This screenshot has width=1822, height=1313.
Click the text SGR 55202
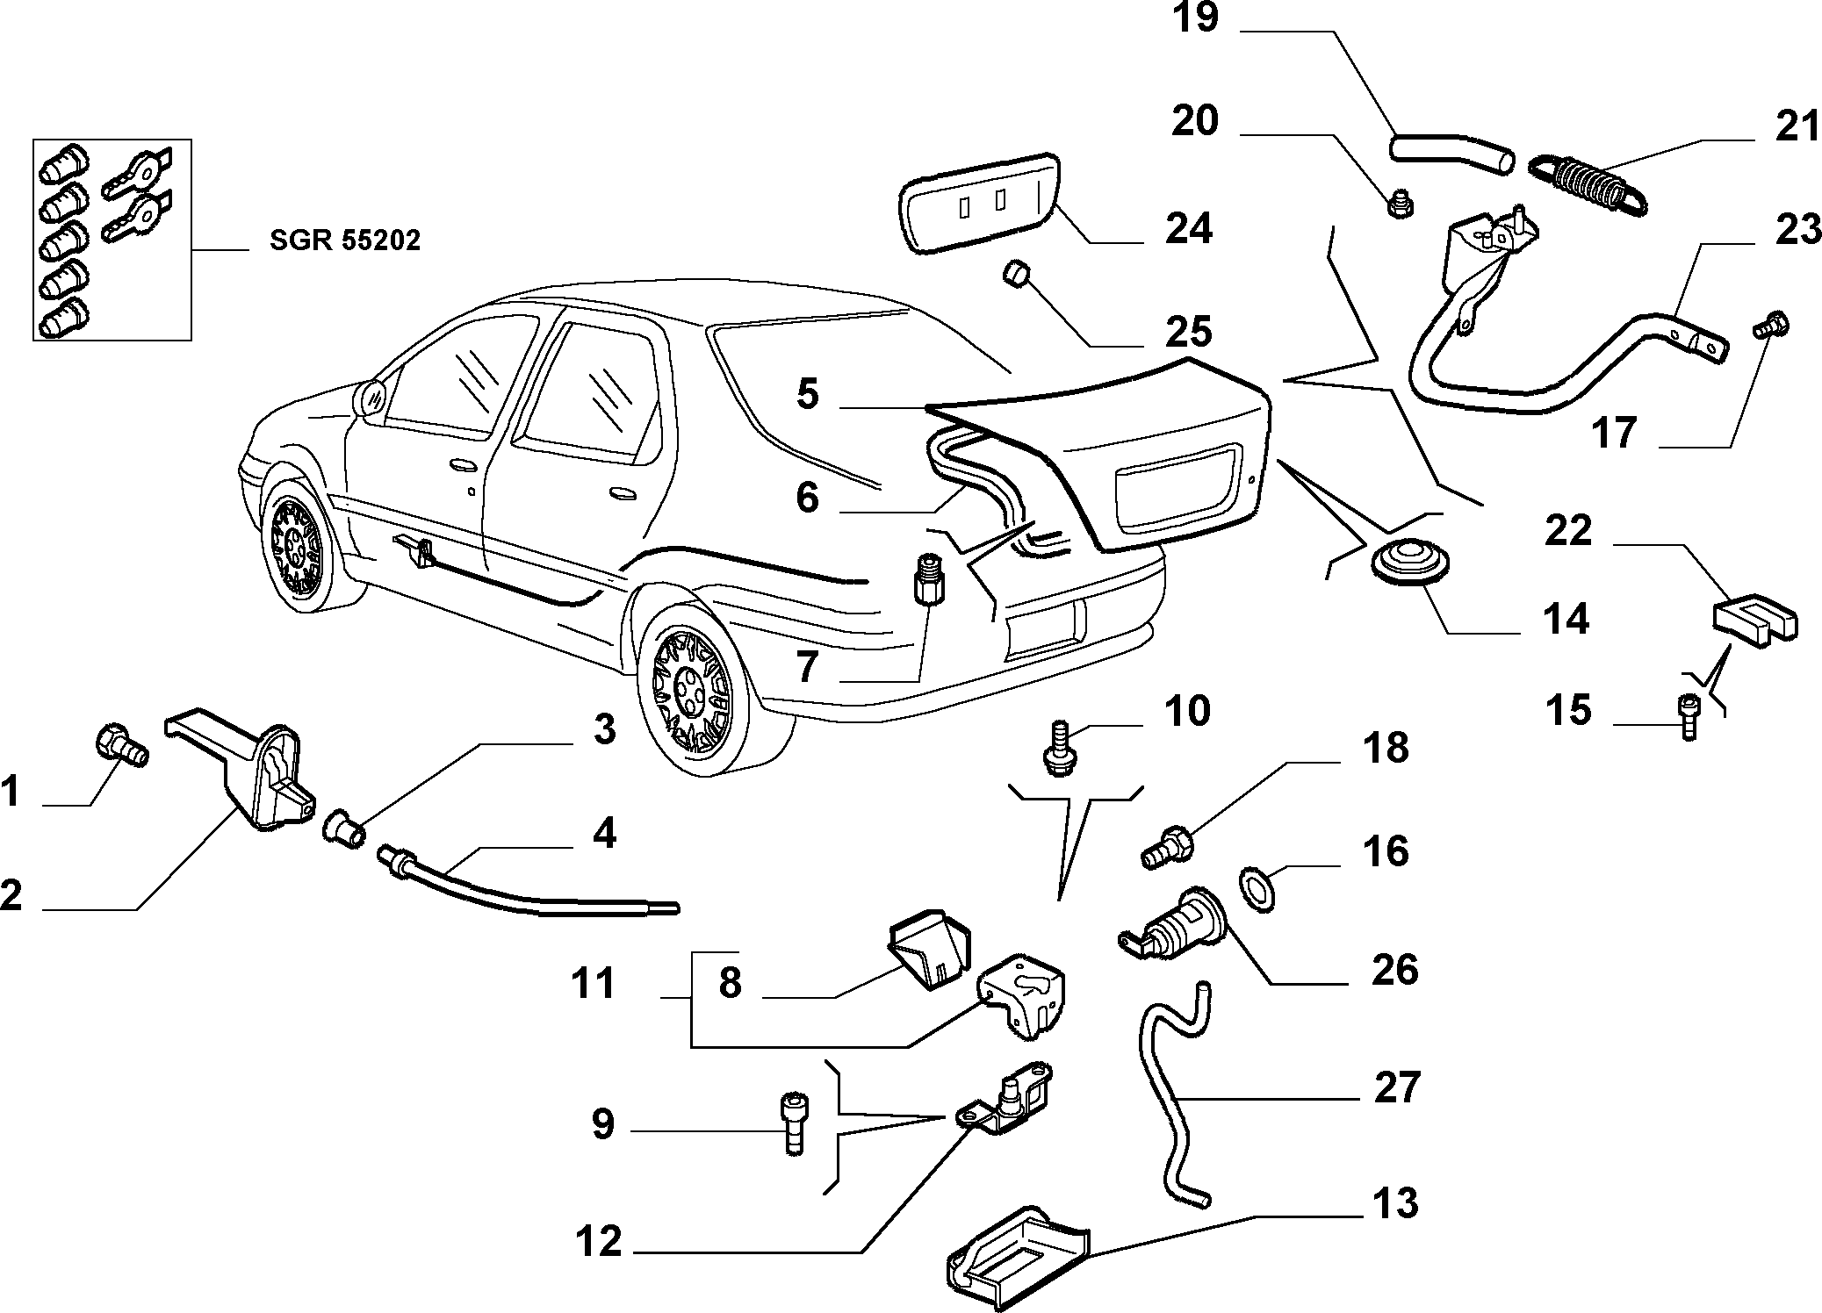345,240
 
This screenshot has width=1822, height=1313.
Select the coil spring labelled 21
1588,184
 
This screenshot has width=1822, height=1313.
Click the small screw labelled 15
1687,716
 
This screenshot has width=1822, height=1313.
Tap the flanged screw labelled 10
1058,748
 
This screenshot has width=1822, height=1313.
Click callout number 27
1396,1087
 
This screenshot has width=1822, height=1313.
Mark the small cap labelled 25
1016,273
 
